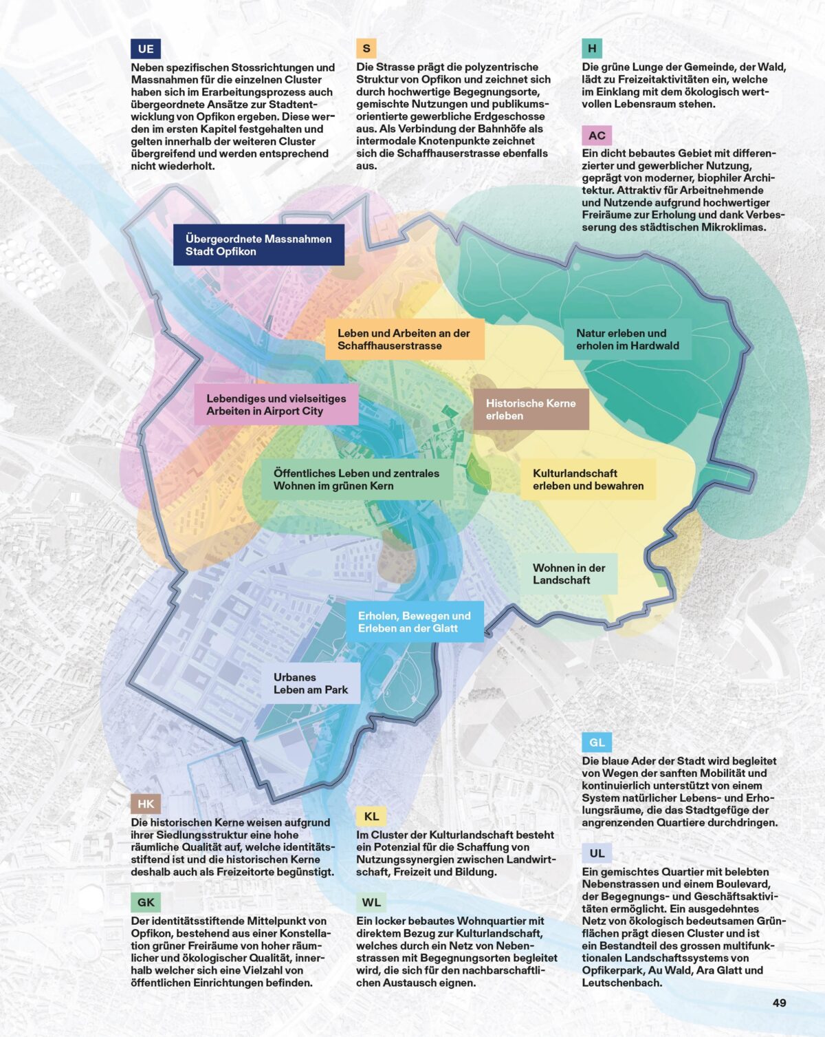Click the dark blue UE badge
click(x=145, y=49)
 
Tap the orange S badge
click(x=366, y=48)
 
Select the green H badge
click(x=591, y=48)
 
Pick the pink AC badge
click(x=597, y=136)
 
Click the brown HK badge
click(x=146, y=804)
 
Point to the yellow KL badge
click(x=371, y=816)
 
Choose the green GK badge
click(x=146, y=902)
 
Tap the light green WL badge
click(x=371, y=902)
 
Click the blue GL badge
click(x=597, y=742)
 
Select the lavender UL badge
click(x=597, y=853)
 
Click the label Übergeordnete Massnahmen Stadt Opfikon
click(x=258, y=245)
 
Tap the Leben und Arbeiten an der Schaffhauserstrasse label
click(x=404, y=339)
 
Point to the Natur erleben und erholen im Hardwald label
click(x=627, y=339)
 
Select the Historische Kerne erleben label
click(x=531, y=409)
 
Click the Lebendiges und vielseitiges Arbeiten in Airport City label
click(x=276, y=405)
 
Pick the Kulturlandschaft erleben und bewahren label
click(x=588, y=480)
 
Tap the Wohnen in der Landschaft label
click(x=569, y=574)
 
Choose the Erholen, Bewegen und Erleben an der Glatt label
click(x=415, y=622)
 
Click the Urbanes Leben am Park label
click(x=311, y=683)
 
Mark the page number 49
click(x=779, y=1003)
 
